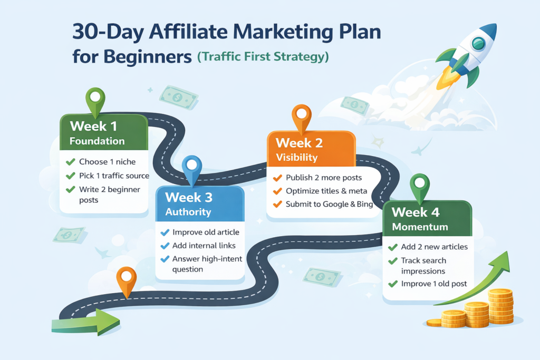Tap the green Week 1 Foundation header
point(103,133)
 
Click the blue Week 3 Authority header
point(199,204)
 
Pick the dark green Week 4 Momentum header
point(426,219)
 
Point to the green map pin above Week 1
point(95,101)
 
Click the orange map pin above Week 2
point(301,117)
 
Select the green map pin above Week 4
point(420,186)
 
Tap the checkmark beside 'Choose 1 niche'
point(70,162)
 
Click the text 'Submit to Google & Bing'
point(329,204)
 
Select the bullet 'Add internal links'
point(204,246)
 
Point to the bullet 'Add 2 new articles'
point(434,247)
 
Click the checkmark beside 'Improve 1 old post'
point(392,284)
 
